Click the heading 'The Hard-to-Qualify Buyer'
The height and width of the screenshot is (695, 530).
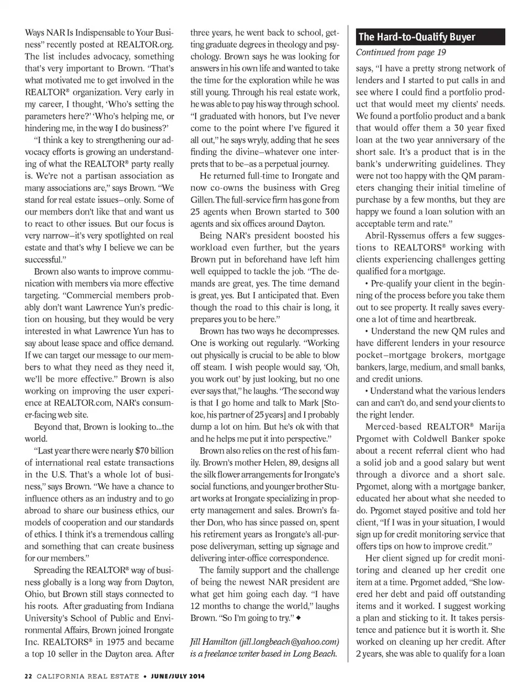click(416, 37)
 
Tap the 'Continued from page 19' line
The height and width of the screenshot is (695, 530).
click(400, 52)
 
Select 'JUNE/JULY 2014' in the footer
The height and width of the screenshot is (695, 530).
click(177, 676)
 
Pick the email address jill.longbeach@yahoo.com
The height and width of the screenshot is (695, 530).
click(289, 641)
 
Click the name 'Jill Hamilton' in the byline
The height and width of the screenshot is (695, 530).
click(213, 641)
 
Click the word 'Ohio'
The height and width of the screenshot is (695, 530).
click(34, 594)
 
